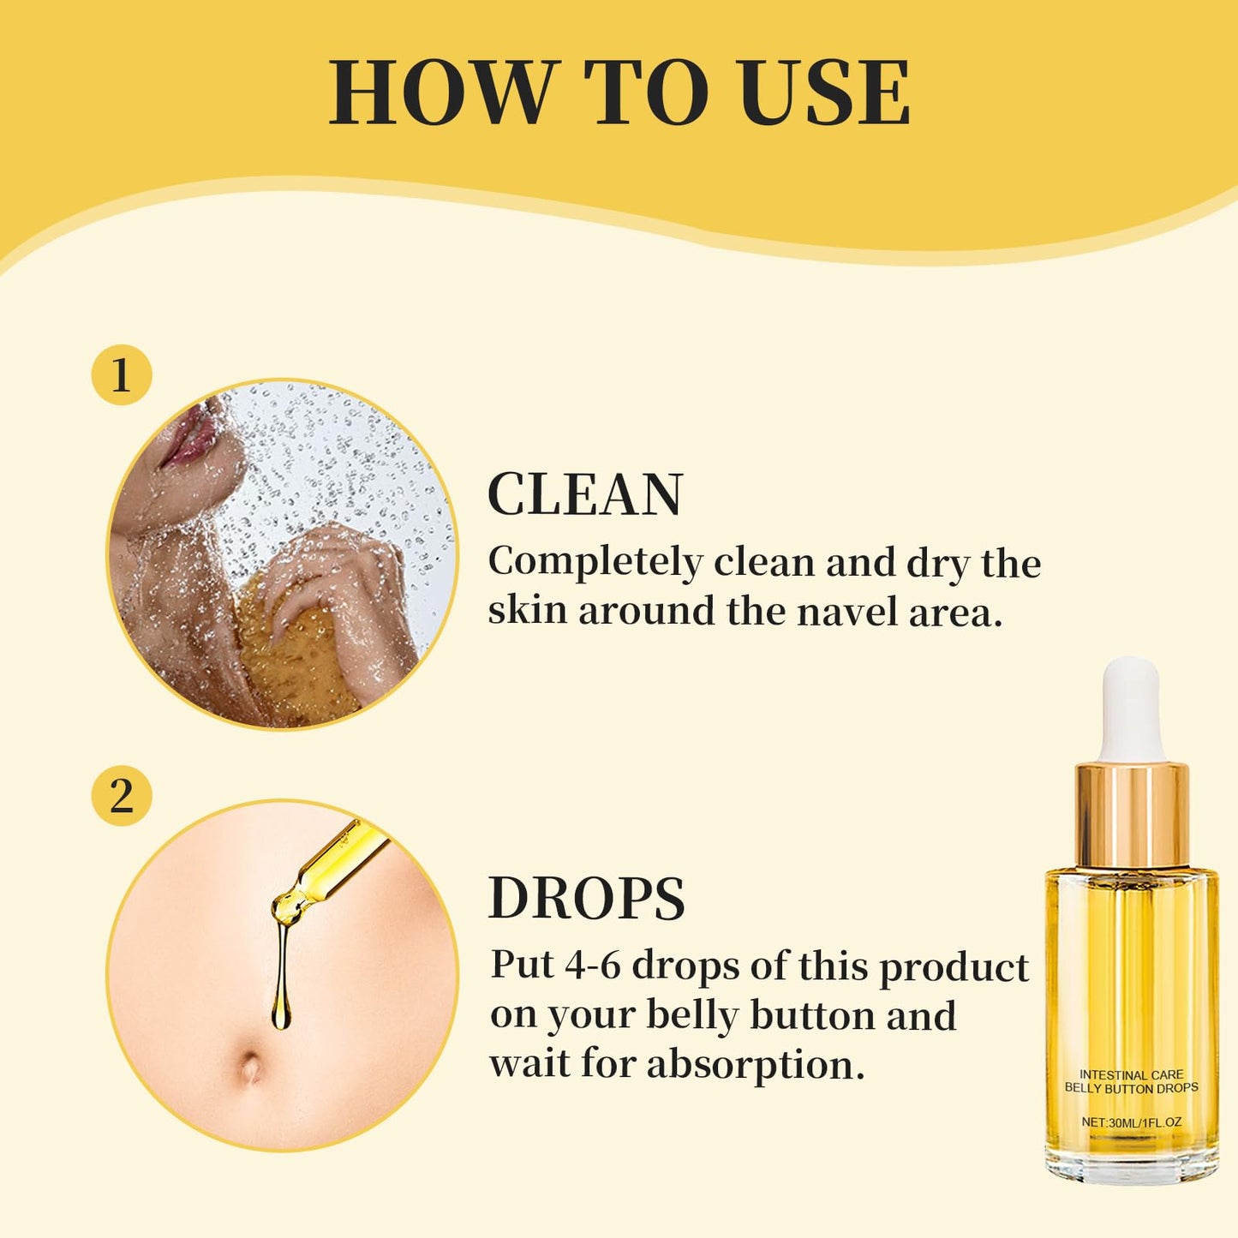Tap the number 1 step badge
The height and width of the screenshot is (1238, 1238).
[x=122, y=375]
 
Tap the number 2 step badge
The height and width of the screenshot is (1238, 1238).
[x=122, y=798]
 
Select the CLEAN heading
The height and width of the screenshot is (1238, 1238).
[x=584, y=493]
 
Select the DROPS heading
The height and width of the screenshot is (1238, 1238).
[x=587, y=898]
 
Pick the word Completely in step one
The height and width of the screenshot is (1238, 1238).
[x=595, y=564]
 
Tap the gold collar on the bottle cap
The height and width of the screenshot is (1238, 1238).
[x=1132, y=814]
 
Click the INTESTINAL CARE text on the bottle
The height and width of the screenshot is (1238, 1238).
[x=1132, y=1074]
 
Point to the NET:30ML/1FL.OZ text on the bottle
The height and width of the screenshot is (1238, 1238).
[x=1132, y=1122]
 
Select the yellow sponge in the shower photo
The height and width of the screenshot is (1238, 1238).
[x=296, y=649]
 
